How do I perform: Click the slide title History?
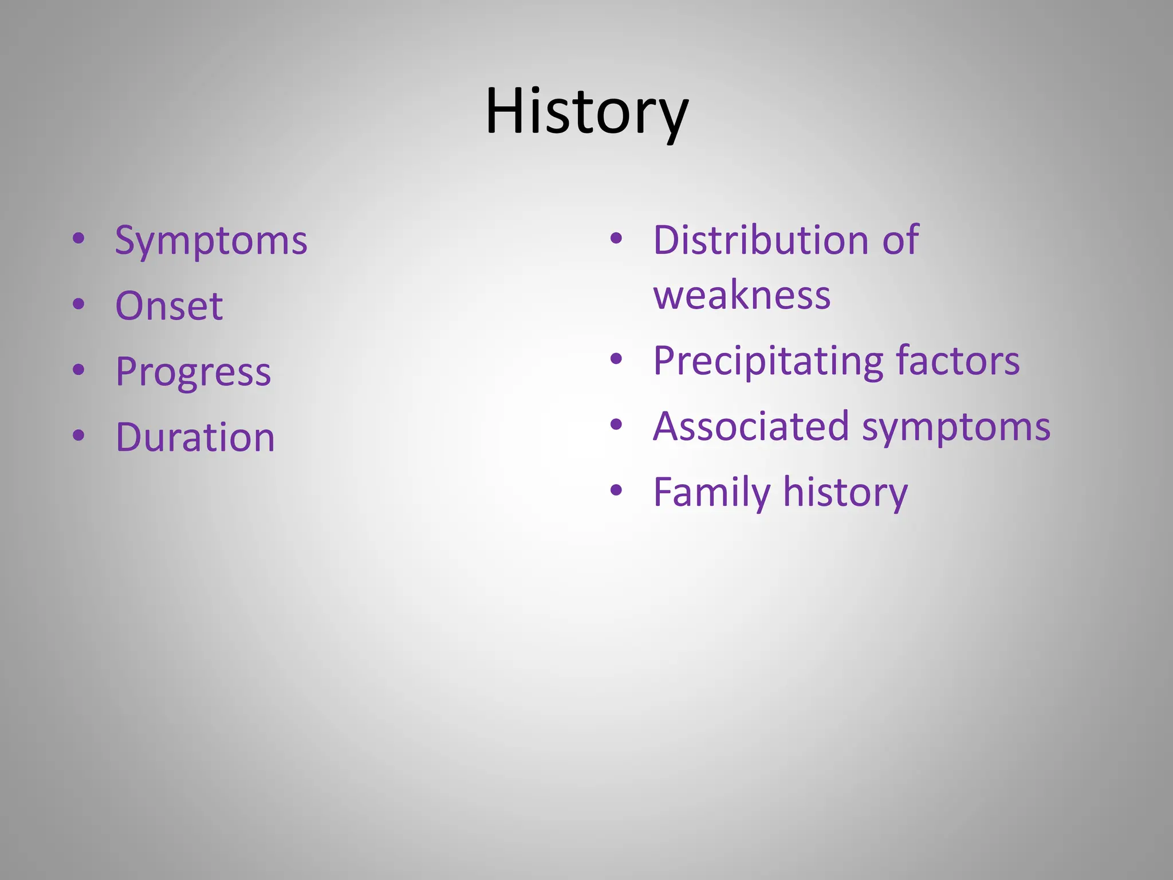586,112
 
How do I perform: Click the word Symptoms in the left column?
211,241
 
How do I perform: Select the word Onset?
169,306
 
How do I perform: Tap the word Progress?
193,372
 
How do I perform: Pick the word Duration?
195,438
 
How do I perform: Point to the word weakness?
742,296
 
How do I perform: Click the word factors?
958,362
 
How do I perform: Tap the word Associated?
751,427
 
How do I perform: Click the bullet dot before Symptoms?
79,238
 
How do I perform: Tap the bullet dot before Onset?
79,304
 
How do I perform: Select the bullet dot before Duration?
79,435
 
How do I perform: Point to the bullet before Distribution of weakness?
616,238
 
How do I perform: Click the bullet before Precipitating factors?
616,359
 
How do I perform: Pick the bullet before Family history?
616,490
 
